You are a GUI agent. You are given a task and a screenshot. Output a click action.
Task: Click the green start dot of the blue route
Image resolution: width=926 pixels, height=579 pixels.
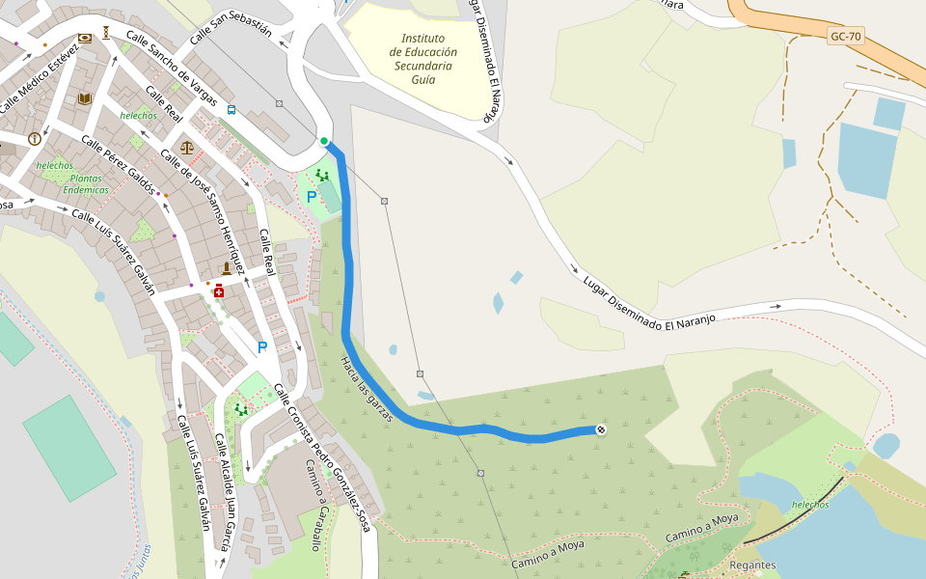324,142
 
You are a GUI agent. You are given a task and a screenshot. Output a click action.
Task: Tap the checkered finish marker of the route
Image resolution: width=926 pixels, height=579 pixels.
601,429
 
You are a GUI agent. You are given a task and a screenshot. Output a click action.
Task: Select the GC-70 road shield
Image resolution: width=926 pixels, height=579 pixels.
846,38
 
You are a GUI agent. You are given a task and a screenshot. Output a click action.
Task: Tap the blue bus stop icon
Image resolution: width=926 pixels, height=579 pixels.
231,110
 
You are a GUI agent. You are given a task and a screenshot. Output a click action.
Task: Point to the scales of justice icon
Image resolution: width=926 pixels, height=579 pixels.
186,148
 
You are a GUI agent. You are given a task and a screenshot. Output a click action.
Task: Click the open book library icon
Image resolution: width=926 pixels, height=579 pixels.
85,98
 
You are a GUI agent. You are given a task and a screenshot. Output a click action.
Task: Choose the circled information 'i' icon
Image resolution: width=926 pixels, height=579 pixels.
35,138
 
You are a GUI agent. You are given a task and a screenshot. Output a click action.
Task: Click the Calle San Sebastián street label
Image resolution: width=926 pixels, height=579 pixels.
231,24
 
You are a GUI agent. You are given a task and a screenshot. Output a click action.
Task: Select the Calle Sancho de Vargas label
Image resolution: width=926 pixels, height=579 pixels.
170,73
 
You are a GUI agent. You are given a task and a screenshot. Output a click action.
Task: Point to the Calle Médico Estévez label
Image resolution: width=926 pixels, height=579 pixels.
39,78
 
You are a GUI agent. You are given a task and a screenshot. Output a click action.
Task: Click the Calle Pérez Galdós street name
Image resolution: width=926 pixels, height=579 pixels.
118,164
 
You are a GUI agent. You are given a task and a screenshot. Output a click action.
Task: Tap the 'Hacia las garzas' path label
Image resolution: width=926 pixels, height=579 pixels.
367,390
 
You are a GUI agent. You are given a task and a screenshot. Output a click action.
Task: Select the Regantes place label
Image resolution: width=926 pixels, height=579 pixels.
752,565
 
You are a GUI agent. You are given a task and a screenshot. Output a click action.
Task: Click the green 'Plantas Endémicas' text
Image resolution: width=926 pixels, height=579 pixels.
86,184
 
